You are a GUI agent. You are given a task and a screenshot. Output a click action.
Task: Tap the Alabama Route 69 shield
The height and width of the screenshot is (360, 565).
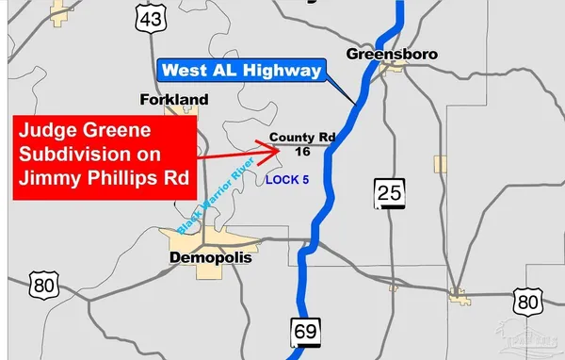(x=304, y=334)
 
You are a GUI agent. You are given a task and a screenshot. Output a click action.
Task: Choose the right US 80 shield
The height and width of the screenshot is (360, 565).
(x=527, y=302)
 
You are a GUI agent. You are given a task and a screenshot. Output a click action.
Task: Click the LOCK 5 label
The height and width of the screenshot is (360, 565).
(x=287, y=179)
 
